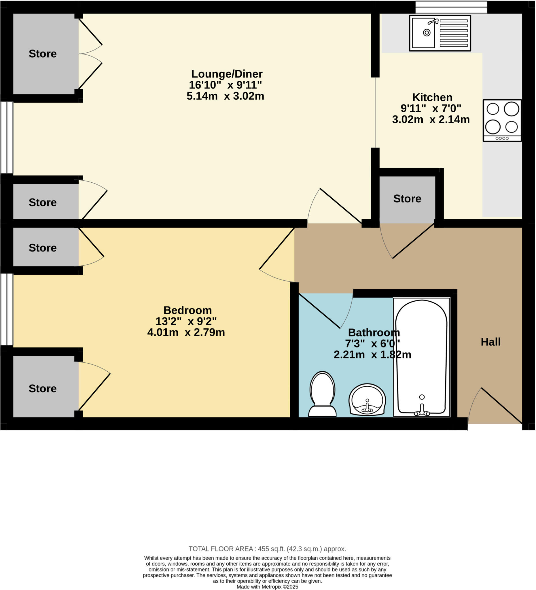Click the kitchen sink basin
[x=423, y=33]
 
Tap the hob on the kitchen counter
[x=502, y=121]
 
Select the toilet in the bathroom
[x=322, y=394]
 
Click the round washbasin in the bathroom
[x=367, y=400]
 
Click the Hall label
[x=491, y=342]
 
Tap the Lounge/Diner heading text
[x=227, y=74]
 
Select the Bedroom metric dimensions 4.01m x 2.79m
[x=186, y=332]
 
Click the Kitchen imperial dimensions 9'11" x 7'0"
[x=431, y=108]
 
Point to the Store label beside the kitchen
[x=407, y=198]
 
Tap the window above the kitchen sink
[x=451, y=7]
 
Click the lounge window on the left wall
[x=7, y=137]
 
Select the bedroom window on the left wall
[x=7, y=309]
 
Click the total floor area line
[x=267, y=549]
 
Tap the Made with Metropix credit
[x=267, y=587]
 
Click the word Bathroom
[x=374, y=332]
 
